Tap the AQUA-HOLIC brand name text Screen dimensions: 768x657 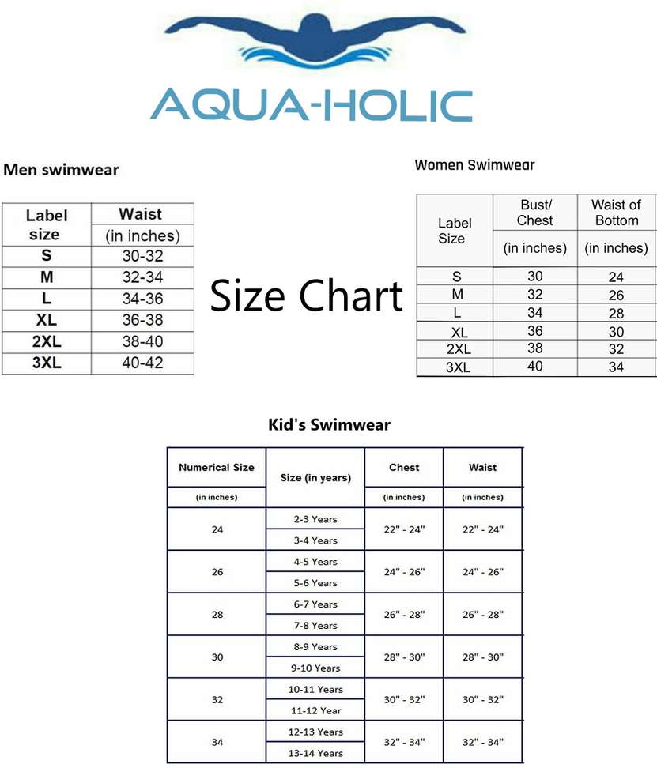coord(311,106)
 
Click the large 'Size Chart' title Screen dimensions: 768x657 coord(306,296)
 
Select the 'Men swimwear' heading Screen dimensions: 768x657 coord(61,170)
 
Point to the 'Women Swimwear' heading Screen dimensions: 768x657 coord(474,165)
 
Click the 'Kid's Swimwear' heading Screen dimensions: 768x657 coord(329,425)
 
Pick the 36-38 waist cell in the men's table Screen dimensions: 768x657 coord(142,321)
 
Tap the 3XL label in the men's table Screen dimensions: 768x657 coord(47,364)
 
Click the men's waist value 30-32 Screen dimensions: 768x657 coord(142,256)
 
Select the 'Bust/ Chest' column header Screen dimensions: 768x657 coord(535,213)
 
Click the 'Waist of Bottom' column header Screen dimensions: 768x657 coord(616,213)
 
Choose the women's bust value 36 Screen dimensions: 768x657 coord(535,331)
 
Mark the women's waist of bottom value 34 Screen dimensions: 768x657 coord(616,367)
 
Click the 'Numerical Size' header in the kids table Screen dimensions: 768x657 coord(217,467)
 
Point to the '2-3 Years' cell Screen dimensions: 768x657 coord(315,519)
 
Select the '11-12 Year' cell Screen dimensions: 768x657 coord(315,710)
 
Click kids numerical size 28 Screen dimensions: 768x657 coord(217,614)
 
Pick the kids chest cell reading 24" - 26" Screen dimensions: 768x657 coord(404,571)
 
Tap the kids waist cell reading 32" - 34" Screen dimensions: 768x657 coord(482,742)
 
